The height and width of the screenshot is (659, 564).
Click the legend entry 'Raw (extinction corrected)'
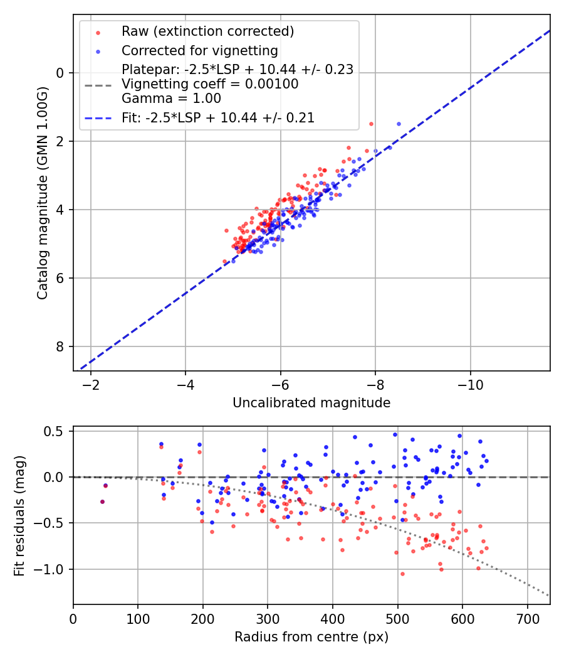(x=207, y=31)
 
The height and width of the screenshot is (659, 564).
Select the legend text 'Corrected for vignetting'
(x=200, y=50)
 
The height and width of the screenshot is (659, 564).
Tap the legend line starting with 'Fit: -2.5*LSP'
(x=218, y=117)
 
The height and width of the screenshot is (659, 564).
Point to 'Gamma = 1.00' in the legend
(x=171, y=98)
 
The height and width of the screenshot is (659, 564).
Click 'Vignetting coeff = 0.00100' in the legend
(x=210, y=83)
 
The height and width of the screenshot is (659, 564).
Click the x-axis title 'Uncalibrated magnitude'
(x=311, y=403)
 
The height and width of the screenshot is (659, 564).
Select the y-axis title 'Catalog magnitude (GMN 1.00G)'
(x=43, y=192)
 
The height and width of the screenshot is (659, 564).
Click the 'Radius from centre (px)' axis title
(x=311, y=637)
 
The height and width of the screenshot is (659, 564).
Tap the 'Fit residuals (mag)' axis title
(x=19, y=515)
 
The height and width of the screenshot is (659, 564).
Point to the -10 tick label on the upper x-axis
(x=470, y=385)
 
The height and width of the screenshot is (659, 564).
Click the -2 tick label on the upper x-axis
(x=91, y=385)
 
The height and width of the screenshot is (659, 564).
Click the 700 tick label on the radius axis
(x=527, y=618)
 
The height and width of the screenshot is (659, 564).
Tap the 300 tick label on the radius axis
(x=268, y=618)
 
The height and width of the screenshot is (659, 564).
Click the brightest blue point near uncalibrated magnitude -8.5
(x=399, y=124)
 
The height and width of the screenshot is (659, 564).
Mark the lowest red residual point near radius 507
(x=402, y=574)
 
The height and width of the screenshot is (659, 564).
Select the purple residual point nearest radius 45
(x=102, y=501)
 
